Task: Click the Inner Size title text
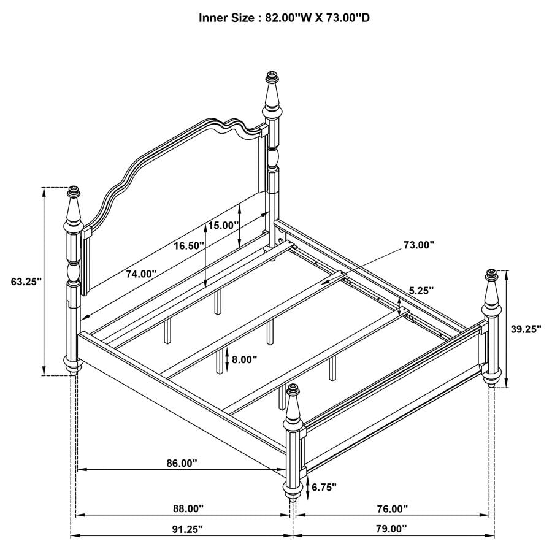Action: point(284,18)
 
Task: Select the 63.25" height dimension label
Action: point(26,282)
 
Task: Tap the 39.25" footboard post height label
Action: point(526,329)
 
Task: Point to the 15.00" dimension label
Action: point(223,225)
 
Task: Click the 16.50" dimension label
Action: point(188,245)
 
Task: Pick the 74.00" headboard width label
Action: point(142,274)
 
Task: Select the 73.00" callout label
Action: point(419,245)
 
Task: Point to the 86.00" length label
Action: point(182,464)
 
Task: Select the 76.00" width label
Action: point(392,508)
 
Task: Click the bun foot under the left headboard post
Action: point(74,366)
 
